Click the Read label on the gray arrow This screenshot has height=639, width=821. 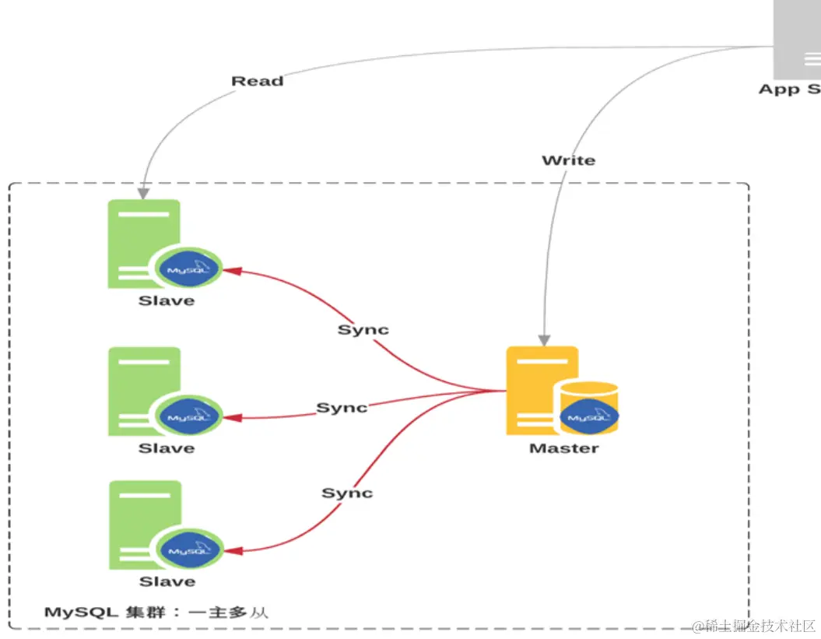pos(257,81)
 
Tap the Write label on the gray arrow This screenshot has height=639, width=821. pos(568,160)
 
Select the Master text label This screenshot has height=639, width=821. pos(563,448)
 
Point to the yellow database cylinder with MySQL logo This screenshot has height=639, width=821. pos(589,409)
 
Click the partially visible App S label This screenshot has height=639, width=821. pos(789,90)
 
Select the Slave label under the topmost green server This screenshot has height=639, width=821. pos(166,300)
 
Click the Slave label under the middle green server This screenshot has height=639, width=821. pos(166,448)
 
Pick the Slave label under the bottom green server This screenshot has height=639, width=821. pos(167,581)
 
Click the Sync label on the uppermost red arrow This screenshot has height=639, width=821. pos(363,330)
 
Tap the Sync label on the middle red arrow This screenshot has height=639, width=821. pos(342,408)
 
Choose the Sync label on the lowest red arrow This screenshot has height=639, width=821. pos(347,493)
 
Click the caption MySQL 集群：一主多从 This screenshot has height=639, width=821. pos(156,612)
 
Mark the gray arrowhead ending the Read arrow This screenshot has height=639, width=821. pos(143,191)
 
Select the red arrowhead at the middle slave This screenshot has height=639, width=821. pos(232,418)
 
